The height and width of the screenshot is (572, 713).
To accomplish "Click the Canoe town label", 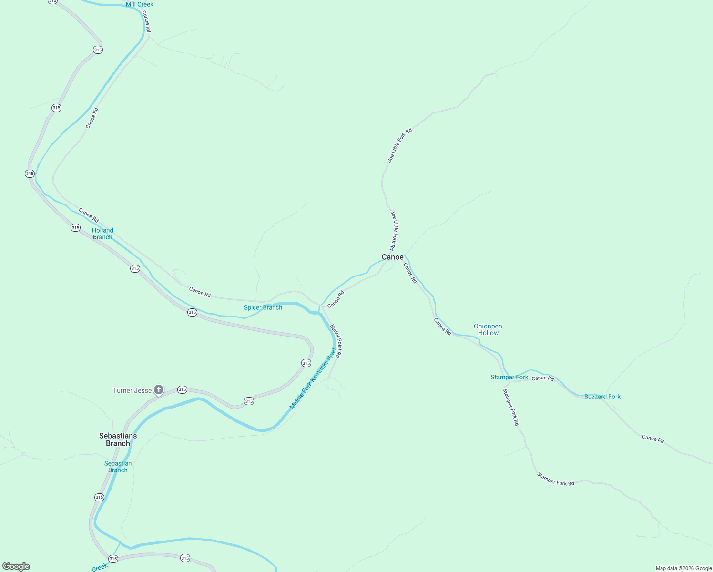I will tap(392, 257).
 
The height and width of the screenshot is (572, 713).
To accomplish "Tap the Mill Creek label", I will tap(139, 5).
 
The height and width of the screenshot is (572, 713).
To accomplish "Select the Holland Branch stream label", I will tap(102, 234).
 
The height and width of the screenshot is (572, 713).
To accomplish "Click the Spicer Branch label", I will tap(263, 307).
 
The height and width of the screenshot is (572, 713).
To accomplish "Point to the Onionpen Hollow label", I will tap(488, 330).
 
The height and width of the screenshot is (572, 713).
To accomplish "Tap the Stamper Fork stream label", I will tap(509, 377).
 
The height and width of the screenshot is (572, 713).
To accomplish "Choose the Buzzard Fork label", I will tap(602, 397).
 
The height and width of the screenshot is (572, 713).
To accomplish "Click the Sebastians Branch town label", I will tap(118, 439).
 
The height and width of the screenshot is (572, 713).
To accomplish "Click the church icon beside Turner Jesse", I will tap(159, 390).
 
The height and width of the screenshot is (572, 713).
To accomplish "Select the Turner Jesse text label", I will tap(132, 390).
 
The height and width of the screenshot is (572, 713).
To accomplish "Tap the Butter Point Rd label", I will tap(336, 341).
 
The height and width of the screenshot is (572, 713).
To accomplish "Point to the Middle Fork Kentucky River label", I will tap(313, 378).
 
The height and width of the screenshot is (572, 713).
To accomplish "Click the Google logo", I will tap(16, 566).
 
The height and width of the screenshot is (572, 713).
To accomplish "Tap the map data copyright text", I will tap(683, 568).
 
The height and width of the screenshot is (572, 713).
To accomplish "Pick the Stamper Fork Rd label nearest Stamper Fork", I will tap(511, 407).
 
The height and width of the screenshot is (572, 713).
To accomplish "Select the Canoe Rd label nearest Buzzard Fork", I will tap(542, 378).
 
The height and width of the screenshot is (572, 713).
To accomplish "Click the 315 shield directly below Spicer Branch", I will tap(192, 313).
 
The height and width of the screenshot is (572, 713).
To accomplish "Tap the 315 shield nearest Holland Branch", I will tap(75, 228).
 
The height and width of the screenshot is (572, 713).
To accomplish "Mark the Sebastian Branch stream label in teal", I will tap(118, 467).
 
